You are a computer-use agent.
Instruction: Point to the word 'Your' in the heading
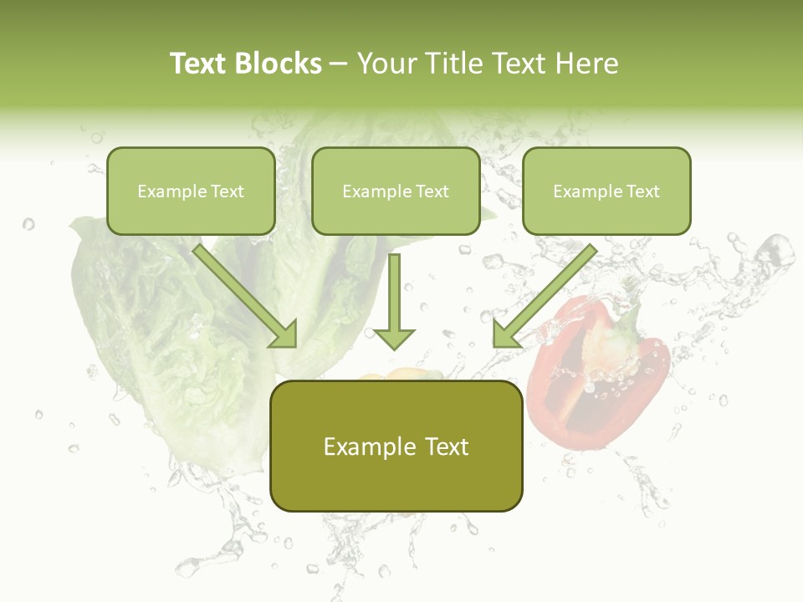point(387,64)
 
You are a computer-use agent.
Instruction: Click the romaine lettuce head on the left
point(159,334)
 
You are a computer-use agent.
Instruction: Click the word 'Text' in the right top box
point(642,191)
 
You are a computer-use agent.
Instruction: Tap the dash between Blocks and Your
point(339,64)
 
